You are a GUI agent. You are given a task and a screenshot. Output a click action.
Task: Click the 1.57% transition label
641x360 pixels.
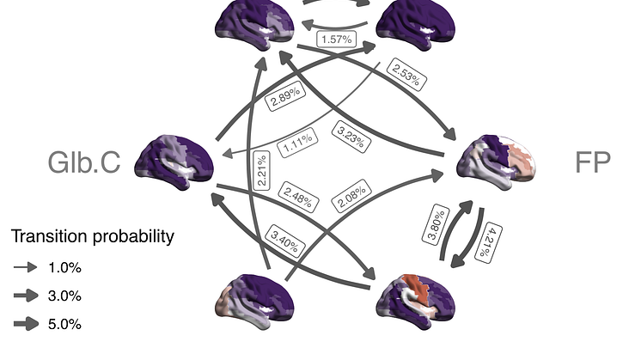coord(335,40)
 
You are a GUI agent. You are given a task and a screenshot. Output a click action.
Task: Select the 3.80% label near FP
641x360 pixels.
coord(436,223)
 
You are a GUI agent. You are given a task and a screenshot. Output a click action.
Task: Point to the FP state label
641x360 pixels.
coord(592,163)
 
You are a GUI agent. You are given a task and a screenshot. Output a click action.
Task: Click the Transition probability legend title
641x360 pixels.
coord(92,236)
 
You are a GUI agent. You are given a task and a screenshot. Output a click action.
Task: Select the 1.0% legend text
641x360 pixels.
coord(64,267)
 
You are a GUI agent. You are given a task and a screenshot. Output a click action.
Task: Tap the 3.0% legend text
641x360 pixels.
coord(64,296)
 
